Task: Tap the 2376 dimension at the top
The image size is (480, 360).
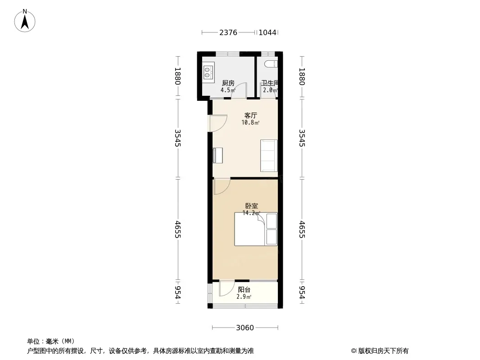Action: pos(228,32)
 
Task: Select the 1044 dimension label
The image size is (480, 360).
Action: pos(267,32)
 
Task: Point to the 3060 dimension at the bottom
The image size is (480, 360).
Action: pos(245,328)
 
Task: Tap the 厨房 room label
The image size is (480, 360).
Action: pos(228,83)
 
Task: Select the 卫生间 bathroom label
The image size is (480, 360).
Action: pos(270,83)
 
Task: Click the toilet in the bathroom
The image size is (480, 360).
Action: pos(272,64)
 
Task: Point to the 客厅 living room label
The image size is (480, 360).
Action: pos(250,115)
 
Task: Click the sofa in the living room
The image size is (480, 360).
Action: pos(269,156)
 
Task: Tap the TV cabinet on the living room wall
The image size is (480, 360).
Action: pos(217,155)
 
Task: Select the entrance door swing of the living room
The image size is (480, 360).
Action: pos(218,123)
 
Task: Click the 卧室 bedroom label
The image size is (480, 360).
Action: pos(251,206)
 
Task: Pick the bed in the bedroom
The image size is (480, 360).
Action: pos(256,229)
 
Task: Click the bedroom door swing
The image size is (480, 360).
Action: pos(222,186)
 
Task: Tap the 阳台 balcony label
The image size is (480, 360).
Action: pos(244,289)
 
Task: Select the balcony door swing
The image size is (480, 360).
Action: pos(227,288)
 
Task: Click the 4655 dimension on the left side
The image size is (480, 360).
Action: pos(178,229)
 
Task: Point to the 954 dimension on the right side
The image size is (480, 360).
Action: pos(302,292)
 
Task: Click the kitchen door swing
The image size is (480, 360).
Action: pos(239,90)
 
